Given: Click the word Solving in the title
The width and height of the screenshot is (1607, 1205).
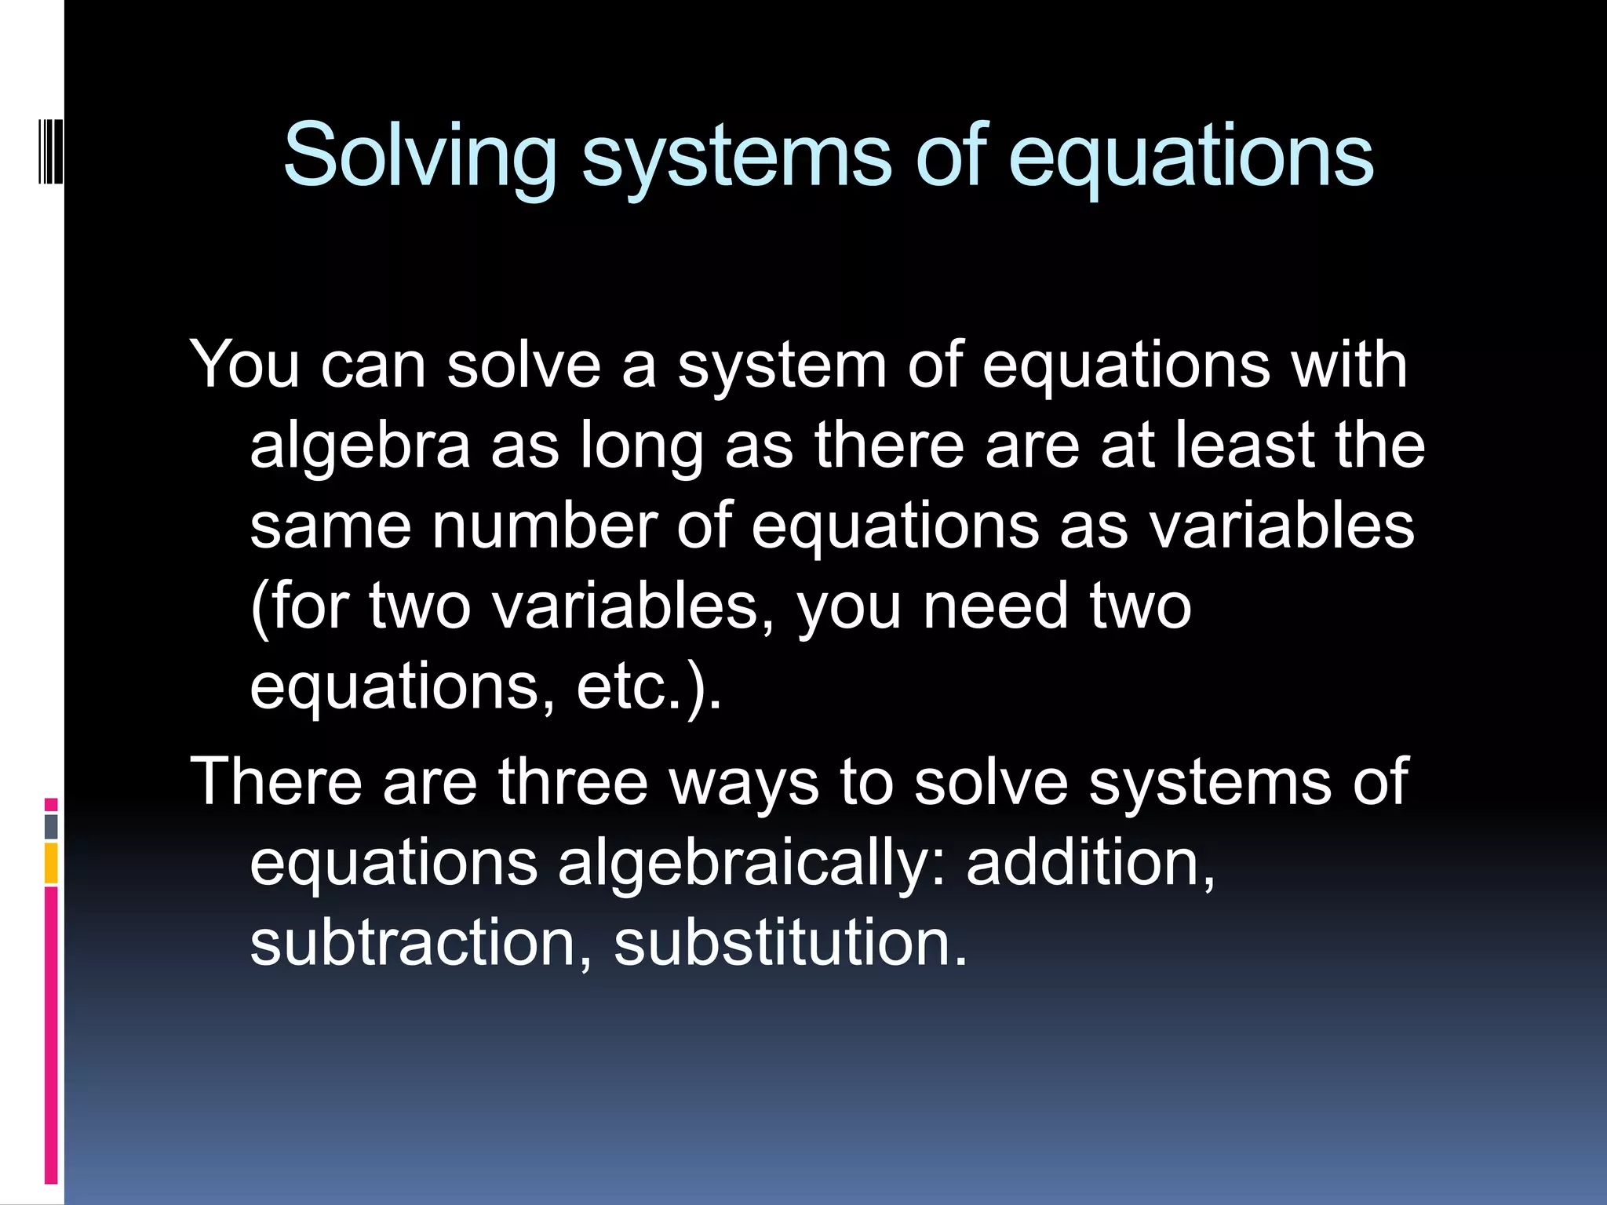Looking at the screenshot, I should tap(419, 156).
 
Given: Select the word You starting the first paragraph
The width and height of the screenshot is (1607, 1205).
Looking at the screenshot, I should tap(245, 365).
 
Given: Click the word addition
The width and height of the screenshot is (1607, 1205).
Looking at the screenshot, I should tap(1091, 863).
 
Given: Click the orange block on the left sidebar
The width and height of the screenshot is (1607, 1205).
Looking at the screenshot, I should tap(51, 863).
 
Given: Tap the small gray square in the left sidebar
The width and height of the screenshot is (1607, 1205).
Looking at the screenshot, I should tap(51, 826).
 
